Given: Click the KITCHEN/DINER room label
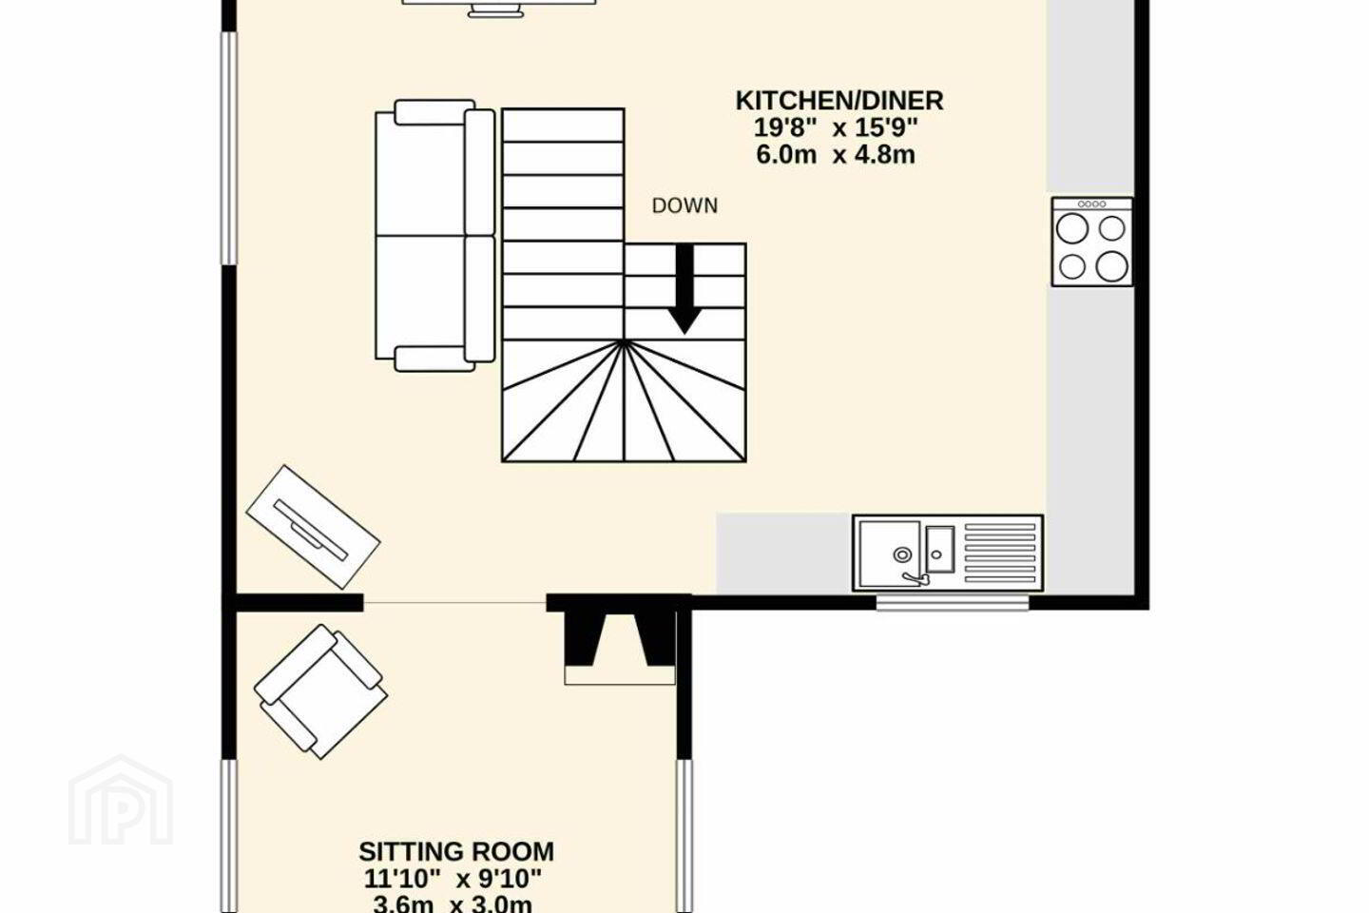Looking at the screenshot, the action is pos(839,101).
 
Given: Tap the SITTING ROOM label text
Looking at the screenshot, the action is pos(456,851).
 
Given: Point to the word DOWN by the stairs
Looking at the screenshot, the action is pos(684,206).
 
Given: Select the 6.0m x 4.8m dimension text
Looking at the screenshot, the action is pos(836,155).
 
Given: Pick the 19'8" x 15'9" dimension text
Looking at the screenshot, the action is pos(836,127).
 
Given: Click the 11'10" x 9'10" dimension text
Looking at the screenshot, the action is pos(453,879).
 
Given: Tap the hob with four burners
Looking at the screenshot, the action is pos(1091,242).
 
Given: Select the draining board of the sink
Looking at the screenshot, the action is pos(999,553).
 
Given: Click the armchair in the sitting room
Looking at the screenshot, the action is pos(321,691).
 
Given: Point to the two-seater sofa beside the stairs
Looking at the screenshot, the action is pos(434,236).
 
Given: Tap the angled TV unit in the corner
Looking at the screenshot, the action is pos(313,527).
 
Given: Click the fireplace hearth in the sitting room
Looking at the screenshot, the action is pos(619,675).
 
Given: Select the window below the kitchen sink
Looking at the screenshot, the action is pos(953,603).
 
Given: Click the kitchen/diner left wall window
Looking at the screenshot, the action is pos(228,148).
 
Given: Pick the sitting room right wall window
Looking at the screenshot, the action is pos(684,836).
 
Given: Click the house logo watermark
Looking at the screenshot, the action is pos(121,802).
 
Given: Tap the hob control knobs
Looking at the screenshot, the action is pos(1091,204).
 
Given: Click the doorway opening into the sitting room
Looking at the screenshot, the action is pos(454,603).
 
